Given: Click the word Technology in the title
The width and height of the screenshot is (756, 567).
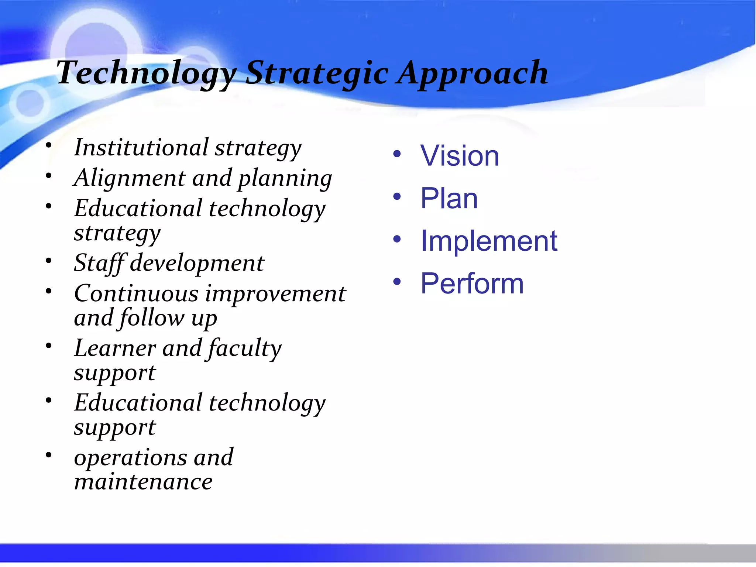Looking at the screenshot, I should [x=146, y=73].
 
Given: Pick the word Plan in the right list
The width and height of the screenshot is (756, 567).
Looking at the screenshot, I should [x=449, y=199].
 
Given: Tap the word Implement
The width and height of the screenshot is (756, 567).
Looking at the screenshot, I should [x=489, y=241].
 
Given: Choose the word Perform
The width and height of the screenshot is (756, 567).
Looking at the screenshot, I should [x=472, y=283].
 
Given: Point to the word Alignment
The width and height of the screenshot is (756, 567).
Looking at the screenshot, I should [x=129, y=178].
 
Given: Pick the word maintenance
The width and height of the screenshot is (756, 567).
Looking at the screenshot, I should [x=143, y=482].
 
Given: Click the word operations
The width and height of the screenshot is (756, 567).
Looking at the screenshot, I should [x=130, y=458].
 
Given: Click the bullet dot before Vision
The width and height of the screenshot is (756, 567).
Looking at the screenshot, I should [x=397, y=154].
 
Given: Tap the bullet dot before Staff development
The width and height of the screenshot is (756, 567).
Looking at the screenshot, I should [x=49, y=261].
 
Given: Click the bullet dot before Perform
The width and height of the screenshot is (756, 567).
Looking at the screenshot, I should [x=397, y=282].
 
